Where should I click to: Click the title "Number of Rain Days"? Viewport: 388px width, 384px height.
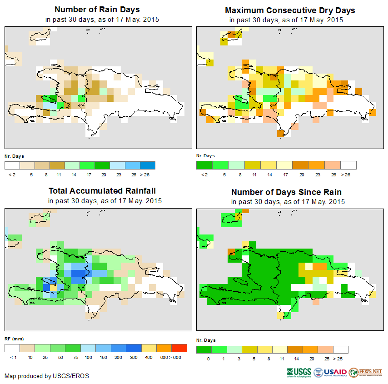pos(97,10)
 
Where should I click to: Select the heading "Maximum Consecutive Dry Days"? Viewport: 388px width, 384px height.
pos(290,10)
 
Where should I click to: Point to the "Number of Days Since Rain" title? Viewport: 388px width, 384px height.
pos(286,192)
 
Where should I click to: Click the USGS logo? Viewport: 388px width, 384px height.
pos(299,372)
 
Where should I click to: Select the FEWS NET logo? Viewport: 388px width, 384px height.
pos(366,372)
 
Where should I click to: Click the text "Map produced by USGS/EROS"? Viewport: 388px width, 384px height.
pos(47,376)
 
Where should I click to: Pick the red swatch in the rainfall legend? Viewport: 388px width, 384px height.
pos(179,348)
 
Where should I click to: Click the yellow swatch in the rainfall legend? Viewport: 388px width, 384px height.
pos(149,348)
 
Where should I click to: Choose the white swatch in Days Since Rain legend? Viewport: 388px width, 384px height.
pos(341,349)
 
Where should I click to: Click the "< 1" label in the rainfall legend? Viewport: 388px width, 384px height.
pos(12,358)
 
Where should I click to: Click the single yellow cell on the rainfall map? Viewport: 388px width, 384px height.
pos(54,287)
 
